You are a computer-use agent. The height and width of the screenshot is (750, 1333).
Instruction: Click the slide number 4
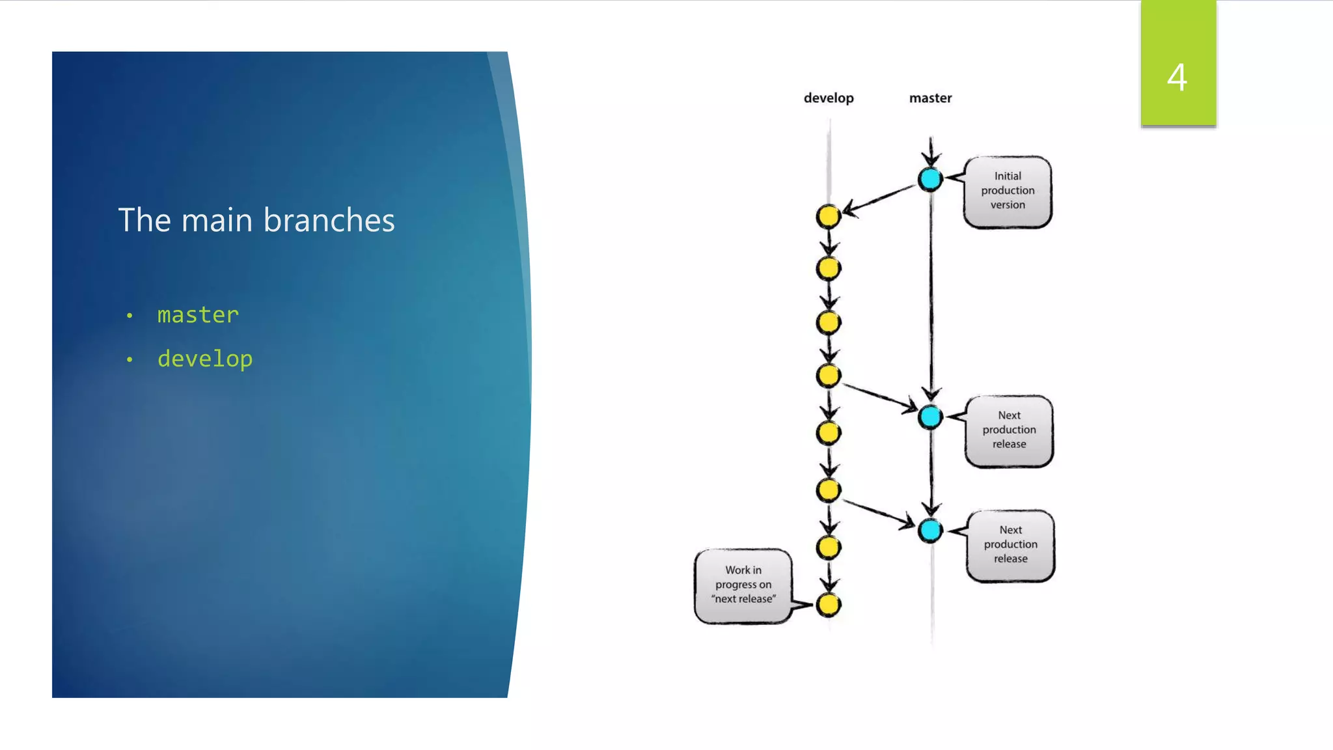tap(1177, 77)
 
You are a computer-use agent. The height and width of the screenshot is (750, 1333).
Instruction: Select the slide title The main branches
tap(256, 220)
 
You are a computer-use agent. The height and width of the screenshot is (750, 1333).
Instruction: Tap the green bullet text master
tap(198, 315)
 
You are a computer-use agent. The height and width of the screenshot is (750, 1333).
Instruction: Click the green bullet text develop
tap(205, 359)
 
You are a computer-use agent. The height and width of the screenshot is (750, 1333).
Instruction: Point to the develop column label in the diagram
tap(829, 98)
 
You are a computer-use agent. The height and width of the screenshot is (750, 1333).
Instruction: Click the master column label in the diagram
tap(930, 98)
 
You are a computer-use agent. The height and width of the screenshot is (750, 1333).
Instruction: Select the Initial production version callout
tap(1008, 191)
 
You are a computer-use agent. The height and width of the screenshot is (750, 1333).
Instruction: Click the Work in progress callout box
tap(743, 585)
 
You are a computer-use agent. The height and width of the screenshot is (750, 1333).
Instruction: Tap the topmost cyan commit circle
tap(930, 179)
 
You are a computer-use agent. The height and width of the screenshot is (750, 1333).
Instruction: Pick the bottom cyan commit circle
tap(930, 530)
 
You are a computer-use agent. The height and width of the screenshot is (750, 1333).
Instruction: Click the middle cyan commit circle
tap(930, 417)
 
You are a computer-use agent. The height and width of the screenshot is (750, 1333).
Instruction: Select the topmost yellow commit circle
tap(829, 216)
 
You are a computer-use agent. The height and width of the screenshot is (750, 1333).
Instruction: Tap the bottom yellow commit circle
tap(829, 604)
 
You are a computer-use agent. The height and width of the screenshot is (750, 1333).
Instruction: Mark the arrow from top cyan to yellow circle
tap(880, 198)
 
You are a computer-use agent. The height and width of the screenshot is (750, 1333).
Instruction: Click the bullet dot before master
tap(130, 316)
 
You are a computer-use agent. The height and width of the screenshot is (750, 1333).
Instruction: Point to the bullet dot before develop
tap(130, 360)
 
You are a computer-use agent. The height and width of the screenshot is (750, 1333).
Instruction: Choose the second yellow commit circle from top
tap(829, 268)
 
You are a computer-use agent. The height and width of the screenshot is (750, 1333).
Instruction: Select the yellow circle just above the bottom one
tap(829, 548)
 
